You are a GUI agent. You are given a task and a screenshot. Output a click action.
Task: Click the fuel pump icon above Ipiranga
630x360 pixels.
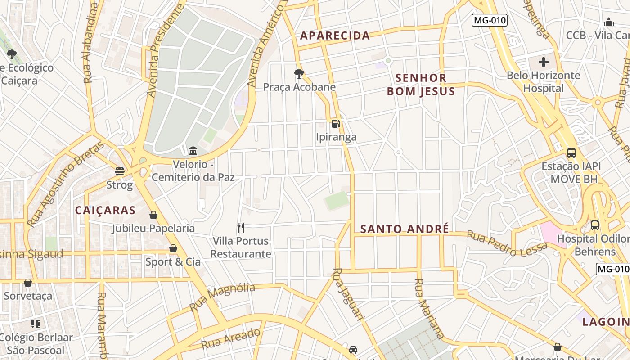point(335,123)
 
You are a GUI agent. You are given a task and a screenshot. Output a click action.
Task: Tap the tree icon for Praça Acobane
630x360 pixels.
point(299,73)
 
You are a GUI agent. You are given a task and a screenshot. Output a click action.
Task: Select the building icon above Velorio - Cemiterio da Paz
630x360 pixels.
point(193,151)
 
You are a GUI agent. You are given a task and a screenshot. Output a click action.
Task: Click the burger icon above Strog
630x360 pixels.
point(120,171)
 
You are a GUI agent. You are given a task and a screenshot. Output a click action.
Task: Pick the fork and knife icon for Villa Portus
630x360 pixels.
point(241,228)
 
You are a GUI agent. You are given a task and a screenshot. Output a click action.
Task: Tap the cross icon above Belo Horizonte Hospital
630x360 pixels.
point(544,62)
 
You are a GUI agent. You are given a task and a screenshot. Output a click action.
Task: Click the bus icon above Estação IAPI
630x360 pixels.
point(571,153)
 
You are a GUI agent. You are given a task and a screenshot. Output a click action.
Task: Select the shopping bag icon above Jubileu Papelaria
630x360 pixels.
point(153,215)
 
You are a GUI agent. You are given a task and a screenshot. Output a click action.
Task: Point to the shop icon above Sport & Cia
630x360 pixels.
point(173,248)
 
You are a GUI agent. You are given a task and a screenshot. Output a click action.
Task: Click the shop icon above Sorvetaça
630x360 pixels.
point(28,283)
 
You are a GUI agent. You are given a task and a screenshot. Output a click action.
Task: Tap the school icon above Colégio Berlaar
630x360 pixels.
point(36,324)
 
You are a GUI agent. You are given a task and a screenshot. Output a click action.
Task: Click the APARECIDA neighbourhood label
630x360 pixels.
point(335,36)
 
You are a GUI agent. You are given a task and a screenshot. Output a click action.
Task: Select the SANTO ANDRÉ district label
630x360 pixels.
point(405,229)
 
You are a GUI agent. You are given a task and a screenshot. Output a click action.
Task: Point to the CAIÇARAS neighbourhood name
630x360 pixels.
point(105,210)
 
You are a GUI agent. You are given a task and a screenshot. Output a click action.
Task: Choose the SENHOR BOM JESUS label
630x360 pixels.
point(421,85)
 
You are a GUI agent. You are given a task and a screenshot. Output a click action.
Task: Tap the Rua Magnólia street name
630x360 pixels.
point(222,297)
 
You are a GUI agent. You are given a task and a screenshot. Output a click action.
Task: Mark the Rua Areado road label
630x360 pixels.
point(231,338)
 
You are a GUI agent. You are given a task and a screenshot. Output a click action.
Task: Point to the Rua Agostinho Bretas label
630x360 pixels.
point(66,184)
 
